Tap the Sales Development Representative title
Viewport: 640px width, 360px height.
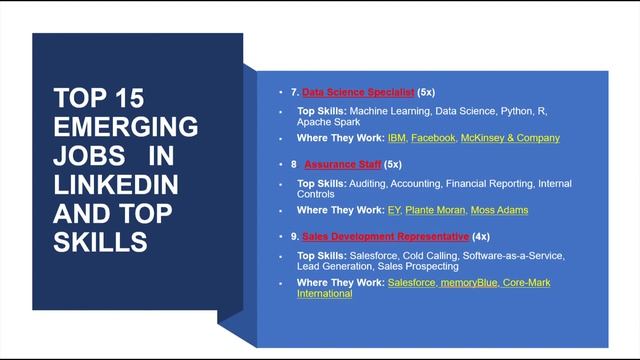point(386,236)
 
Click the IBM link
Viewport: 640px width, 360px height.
point(396,137)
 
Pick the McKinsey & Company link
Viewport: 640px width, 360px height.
point(510,137)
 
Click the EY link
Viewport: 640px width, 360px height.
point(393,210)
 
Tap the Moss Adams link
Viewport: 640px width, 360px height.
point(502,210)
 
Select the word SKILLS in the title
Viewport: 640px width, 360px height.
point(100,243)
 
